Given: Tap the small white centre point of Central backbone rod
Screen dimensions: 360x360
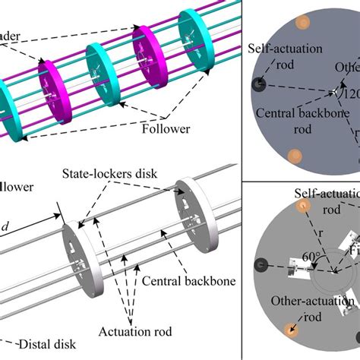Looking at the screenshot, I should (333, 93).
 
